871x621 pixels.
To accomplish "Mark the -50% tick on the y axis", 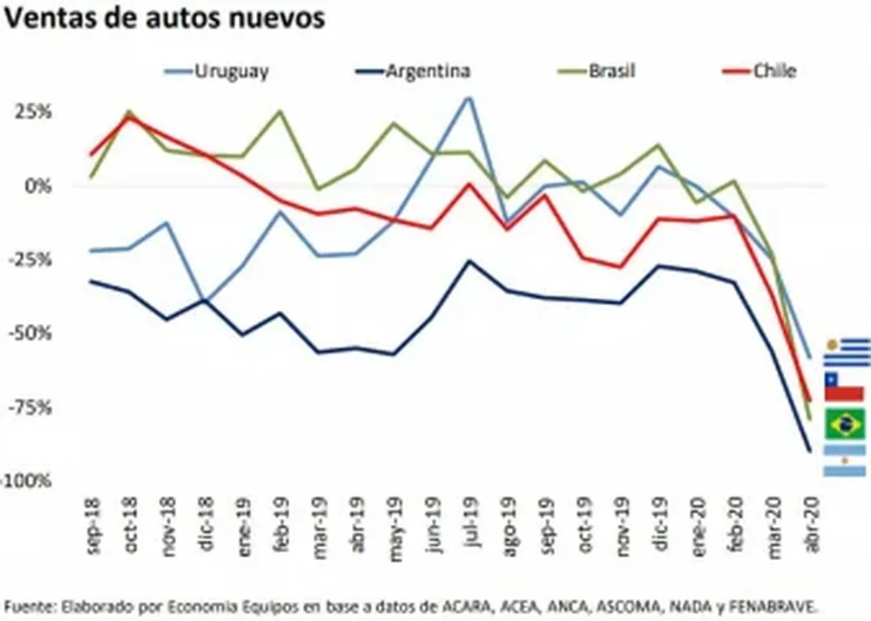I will click(x=33, y=334).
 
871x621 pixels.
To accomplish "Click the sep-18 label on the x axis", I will click(x=92, y=528).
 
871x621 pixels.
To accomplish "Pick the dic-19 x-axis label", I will click(x=657, y=528).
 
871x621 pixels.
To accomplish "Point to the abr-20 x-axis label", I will click(x=808, y=528).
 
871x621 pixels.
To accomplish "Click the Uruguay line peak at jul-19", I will click(x=469, y=98).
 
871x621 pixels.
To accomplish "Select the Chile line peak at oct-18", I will click(x=129, y=117).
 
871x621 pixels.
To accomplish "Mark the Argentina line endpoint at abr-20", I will click(x=809, y=450).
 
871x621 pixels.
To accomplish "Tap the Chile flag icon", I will click(x=844, y=387).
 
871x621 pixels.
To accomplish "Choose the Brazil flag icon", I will click(x=845, y=424).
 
